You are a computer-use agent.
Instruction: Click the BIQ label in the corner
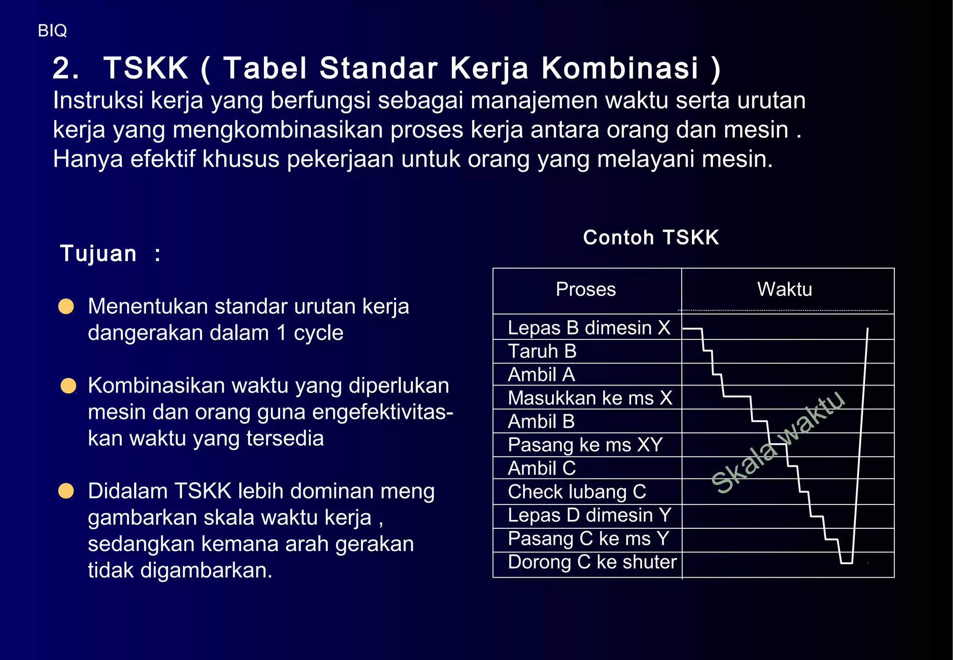52,31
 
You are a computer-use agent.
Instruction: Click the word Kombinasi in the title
620,68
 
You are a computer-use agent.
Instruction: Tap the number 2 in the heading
64,68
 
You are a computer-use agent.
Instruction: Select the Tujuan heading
99,254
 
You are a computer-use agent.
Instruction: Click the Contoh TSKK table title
651,237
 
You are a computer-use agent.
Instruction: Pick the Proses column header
585,290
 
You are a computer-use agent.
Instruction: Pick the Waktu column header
785,290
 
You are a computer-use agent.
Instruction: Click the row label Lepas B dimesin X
589,328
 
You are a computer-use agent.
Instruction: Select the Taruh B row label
542,351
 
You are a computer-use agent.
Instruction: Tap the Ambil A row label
541,375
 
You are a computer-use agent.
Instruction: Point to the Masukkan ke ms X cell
590,398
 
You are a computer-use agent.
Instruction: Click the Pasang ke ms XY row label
585,445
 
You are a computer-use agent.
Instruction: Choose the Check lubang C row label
577,492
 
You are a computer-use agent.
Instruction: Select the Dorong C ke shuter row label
592,562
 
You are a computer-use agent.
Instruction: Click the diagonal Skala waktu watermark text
778,442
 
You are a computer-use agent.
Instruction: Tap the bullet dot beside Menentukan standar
66,306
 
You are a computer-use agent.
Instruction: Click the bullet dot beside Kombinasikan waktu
68,386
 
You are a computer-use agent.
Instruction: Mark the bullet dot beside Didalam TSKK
66,491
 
